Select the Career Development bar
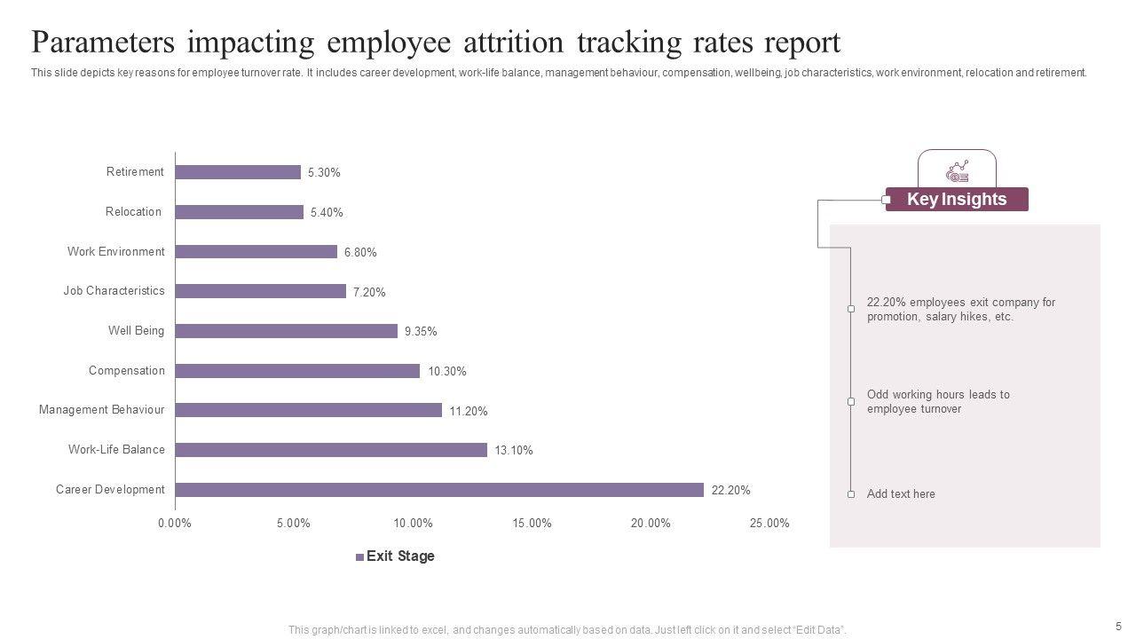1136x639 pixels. point(439,490)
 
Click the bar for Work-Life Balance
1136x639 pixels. point(331,450)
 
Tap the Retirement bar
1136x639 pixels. point(238,172)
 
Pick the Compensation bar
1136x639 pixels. point(297,371)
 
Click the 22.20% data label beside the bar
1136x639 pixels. point(731,490)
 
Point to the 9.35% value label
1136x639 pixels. point(421,332)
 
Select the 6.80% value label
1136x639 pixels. point(360,252)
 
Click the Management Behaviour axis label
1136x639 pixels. point(101,410)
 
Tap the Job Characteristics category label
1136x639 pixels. point(114,291)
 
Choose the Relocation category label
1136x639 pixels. point(133,212)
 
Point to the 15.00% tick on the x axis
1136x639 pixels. point(532,524)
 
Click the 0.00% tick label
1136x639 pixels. point(175,524)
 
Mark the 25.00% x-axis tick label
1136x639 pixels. point(769,524)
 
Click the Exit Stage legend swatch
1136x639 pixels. point(359,557)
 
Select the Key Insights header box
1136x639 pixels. point(957,200)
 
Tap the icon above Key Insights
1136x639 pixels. point(958,170)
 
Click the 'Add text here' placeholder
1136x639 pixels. point(901,494)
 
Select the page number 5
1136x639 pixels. point(1118,625)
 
